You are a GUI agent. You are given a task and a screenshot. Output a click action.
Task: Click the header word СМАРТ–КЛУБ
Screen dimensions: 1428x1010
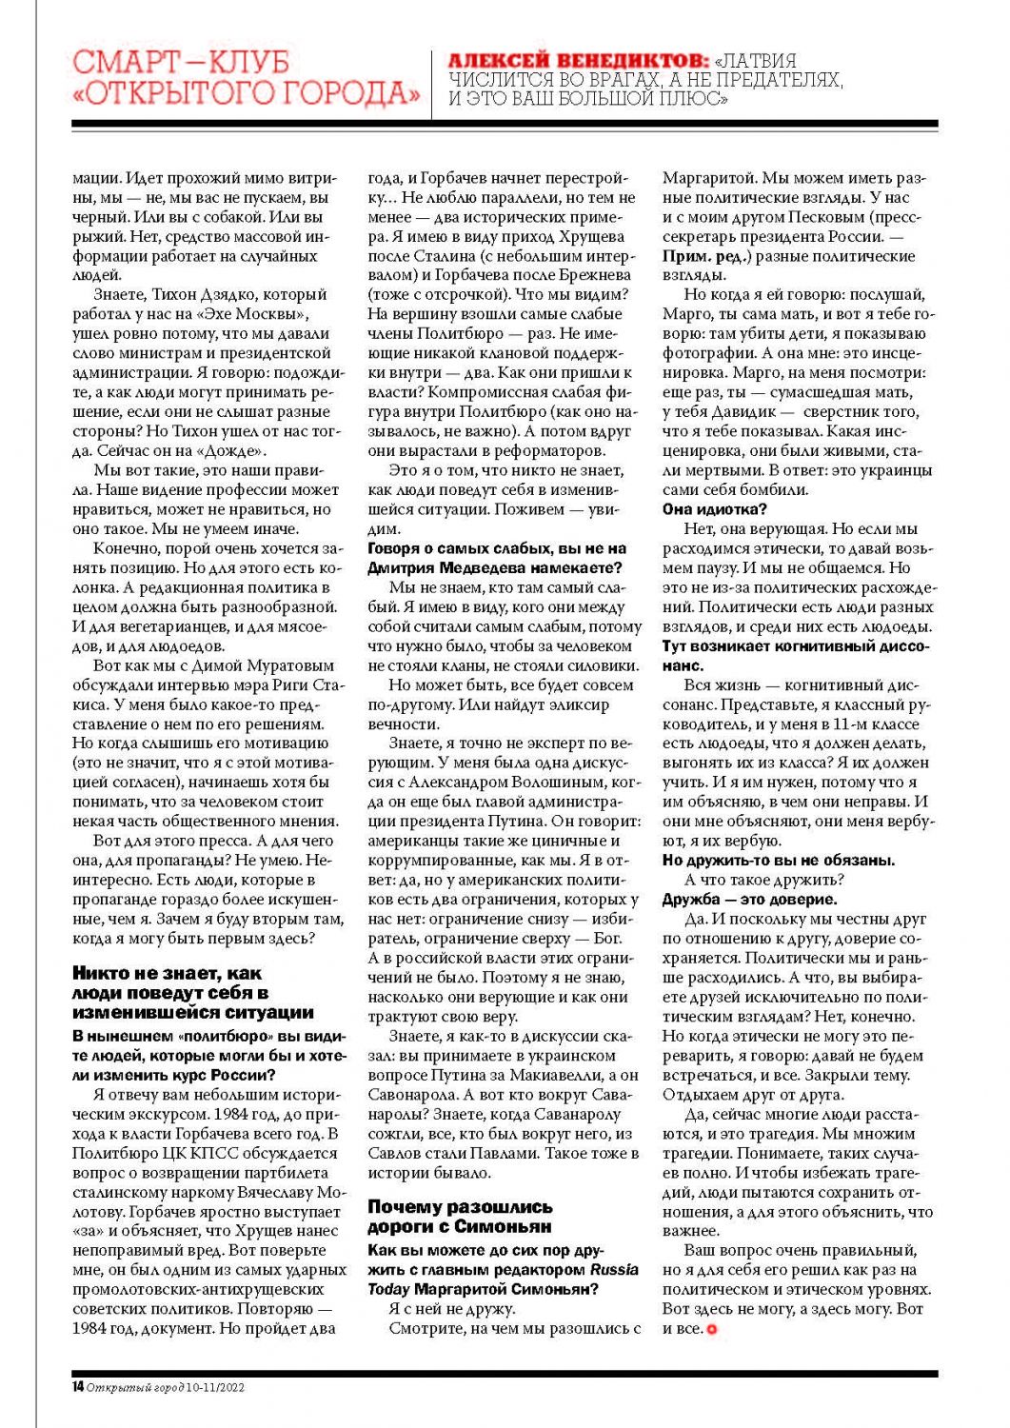[181, 62]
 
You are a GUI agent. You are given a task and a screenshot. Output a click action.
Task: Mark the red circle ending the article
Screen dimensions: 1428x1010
[711, 1329]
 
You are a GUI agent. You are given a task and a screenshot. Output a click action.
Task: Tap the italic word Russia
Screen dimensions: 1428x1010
[614, 1270]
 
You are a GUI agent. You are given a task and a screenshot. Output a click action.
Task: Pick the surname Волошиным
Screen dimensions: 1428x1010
[552, 783]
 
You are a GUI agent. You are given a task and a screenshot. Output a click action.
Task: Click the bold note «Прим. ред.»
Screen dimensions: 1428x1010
[702, 256]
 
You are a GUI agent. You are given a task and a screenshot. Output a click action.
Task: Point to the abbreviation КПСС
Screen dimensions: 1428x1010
[201, 1153]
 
